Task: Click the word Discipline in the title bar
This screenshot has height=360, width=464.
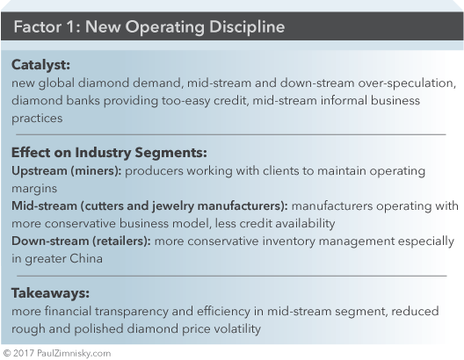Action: (x=247, y=27)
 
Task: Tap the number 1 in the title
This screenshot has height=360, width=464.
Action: (x=70, y=27)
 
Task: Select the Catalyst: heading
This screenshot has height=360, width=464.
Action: (x=40, y=65)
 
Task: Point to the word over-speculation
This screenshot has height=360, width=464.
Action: (x=407, y=83)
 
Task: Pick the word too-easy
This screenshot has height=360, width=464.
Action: (x=185, y=101)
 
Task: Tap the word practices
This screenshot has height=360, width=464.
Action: (x=37, y=119)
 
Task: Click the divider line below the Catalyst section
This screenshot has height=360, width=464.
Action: (x=231, y=134)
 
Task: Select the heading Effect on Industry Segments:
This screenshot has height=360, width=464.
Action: (x=109, y=153)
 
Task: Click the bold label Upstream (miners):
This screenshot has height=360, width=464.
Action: (x=67, y=171)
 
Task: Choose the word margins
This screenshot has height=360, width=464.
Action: (x=34, y=189)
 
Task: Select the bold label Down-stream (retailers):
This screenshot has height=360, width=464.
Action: (x=81, y=241)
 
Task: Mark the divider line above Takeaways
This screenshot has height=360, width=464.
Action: (x=232, y=276)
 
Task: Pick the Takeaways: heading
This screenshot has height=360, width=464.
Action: (x=50, y=293)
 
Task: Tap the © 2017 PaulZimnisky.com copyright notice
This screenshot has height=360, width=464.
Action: (x=57, y=353)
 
